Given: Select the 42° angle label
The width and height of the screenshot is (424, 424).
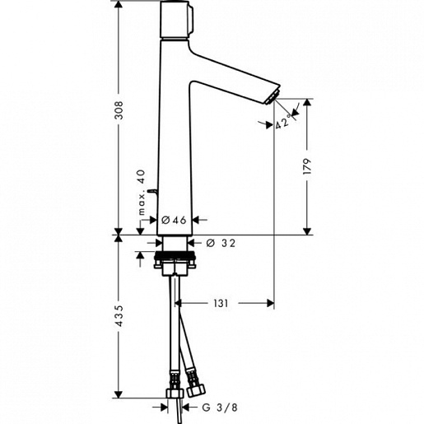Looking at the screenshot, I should coord(285,123).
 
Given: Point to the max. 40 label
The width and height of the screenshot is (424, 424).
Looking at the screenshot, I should coord(141,192).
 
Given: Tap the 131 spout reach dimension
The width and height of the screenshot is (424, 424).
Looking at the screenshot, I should coord(220,304).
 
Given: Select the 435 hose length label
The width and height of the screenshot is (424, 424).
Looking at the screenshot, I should coord(120,319).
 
